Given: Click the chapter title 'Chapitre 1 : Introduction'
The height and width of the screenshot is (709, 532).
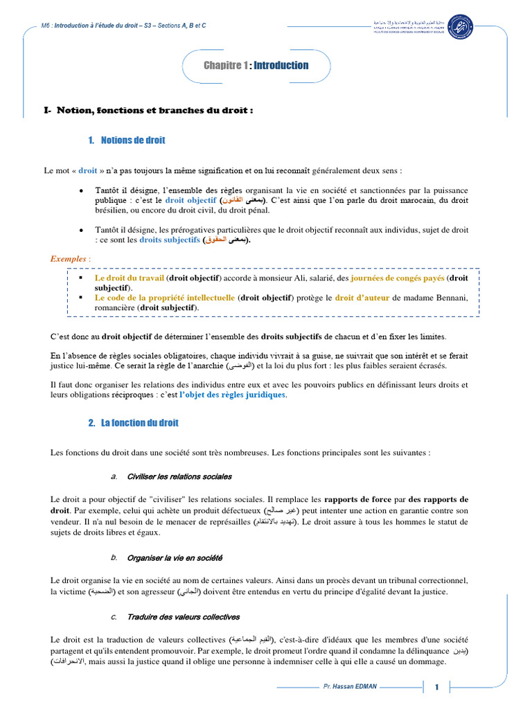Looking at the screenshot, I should pyautogui.click(x=256, y=66).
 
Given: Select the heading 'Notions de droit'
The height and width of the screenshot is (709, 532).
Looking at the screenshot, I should pyautogui.click(x=132, y=141).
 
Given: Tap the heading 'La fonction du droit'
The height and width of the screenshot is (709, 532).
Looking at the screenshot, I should pyautogui.click(x=139, y=422).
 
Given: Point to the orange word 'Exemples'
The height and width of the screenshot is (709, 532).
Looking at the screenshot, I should pyautogui.click(x=69, y=258).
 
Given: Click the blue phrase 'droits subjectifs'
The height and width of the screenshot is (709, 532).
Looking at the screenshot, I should pyautogui.click(x=168, y=240).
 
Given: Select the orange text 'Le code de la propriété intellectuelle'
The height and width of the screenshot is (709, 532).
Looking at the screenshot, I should pyautogui.click(x=165, y=298).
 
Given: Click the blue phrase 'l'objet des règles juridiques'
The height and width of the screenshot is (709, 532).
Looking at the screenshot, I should pyautogui.click(x=232, y=395).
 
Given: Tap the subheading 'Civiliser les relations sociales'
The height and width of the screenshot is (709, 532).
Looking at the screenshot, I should pyautogui.click(x=179, y=477).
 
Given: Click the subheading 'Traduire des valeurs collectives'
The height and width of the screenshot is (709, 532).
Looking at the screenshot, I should pyautogui.click(x=184, y=617).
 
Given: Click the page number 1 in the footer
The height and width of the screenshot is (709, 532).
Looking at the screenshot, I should pyautogui.click(x=437, y=688).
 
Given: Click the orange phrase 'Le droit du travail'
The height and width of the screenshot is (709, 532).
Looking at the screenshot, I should pyautogui.click(x=129, y=278).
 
